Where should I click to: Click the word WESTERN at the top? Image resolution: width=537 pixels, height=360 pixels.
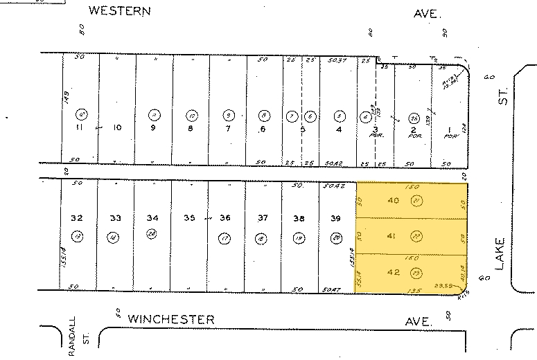(x=121, y=11)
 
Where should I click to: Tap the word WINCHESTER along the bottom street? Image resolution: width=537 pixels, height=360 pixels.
(x=171, y=318)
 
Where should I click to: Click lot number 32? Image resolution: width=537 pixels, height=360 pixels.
(x=77, y=218)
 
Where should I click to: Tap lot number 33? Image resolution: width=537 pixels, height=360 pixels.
(x=115, y=219)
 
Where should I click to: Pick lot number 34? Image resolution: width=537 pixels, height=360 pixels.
(x=152, y=219)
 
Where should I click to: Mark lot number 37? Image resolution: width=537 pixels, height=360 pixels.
(x=263, y=219)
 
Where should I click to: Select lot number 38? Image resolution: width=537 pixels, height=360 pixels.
(x=299, y=219)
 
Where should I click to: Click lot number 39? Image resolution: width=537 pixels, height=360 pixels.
(x=336, y=219)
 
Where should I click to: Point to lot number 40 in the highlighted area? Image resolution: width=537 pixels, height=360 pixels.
(x=393, y=201)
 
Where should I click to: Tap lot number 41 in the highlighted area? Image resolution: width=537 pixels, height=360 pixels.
(x=391, y=237)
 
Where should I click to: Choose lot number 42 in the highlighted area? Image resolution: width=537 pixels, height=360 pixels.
(x=391, y=272)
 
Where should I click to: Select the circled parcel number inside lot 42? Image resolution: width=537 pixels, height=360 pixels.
(x=416, y=273)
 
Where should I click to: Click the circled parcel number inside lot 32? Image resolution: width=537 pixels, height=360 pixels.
(x=78, y=237)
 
